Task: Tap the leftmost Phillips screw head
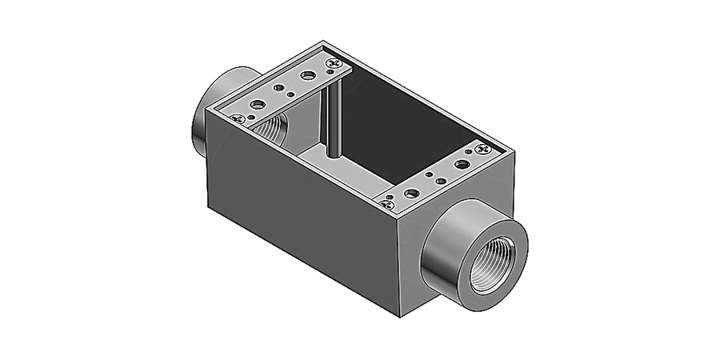[237, 119]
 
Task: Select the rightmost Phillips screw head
[482, 149]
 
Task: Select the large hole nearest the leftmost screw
[257, 105]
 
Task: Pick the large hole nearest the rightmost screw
[462, 163]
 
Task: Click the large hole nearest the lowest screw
[412, 193]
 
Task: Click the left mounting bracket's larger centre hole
[280, 90]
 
